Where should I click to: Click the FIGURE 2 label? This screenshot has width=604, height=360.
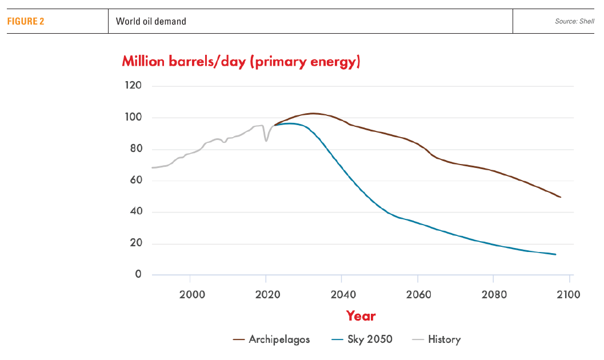[x=26, y=22]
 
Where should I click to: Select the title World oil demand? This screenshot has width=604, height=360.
[x=151, y=22]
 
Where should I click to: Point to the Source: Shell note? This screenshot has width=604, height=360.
[x=574, y=22]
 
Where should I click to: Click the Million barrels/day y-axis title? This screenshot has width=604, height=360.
[x=241, y=62]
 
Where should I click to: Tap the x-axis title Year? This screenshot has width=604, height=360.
[x=361, y=315]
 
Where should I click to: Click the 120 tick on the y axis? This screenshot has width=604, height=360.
[x=133, y=86]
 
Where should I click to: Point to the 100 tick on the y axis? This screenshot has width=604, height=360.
[x=133, y=118]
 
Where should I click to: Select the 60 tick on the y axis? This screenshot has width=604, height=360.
[x=135, y=181]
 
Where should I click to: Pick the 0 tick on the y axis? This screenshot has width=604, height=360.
[x=138, y=275]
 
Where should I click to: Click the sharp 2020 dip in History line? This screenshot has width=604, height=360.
[x=266, y=141]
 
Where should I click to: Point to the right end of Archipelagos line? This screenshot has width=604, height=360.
[x=561, y=197]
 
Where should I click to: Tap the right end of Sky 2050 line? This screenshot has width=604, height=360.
[x=555, y=254]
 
